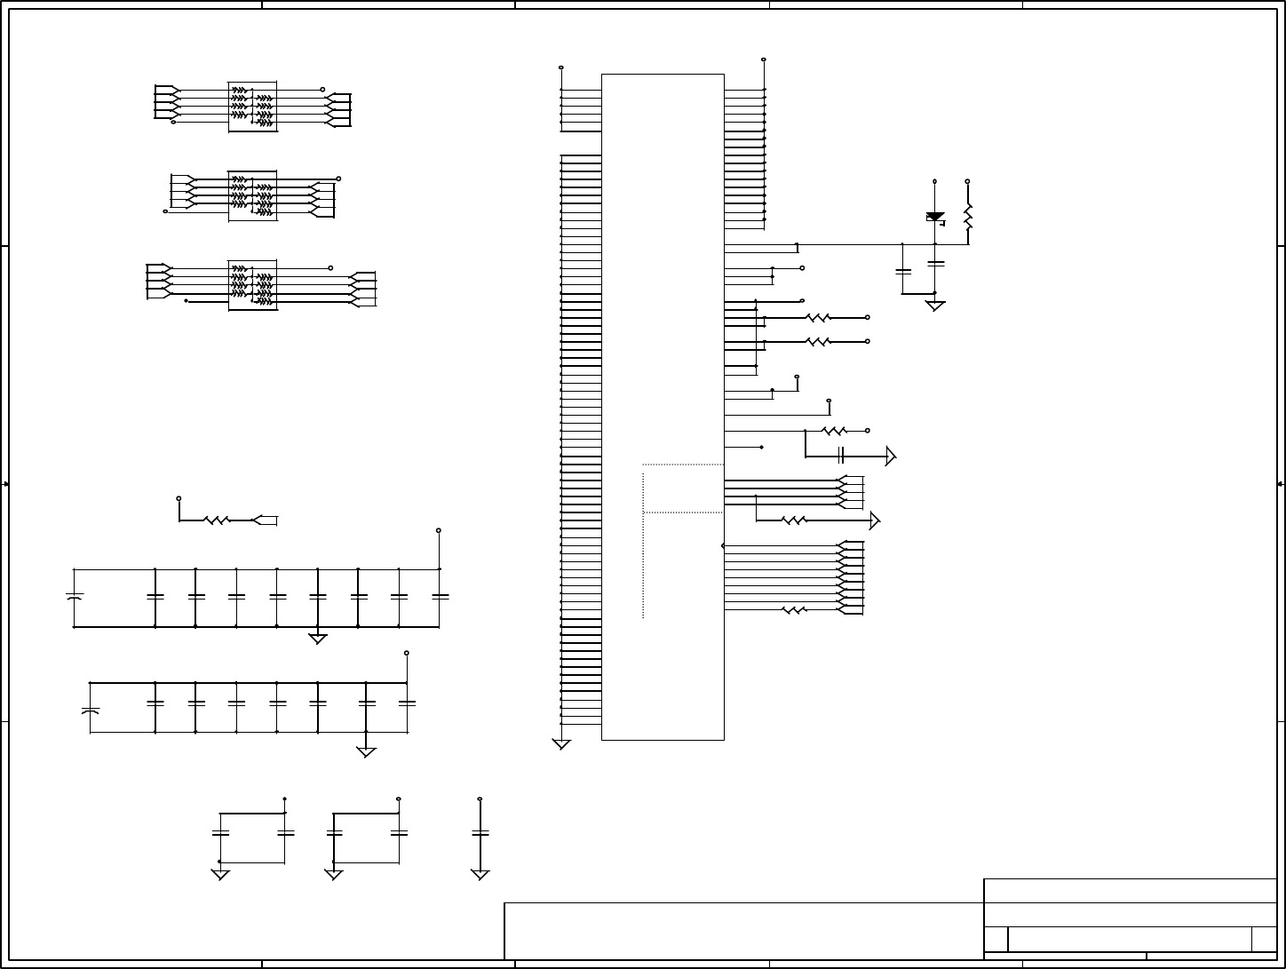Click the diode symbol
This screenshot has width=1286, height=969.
click(934, 217)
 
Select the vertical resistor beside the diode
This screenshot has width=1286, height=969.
click(968, 218)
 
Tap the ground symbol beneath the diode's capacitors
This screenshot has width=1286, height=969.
click(934, 306)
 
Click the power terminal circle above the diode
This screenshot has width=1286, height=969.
click(934, 181)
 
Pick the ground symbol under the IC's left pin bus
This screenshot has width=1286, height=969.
click(561, 744)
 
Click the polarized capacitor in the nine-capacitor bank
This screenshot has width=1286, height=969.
click(74, 597)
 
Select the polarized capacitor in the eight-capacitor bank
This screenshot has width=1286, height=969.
click(90, 711)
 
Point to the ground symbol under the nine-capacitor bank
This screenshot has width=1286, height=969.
click(317, 639)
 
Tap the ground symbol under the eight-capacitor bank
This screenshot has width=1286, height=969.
click(366, 752)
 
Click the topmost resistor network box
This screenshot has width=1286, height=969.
click(252, 107)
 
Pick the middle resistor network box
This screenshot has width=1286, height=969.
click(252, 195)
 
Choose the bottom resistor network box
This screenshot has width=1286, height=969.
click(252, 285)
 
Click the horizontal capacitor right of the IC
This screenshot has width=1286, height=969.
click(840, 456)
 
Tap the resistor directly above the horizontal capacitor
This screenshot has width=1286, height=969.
click(835, 431)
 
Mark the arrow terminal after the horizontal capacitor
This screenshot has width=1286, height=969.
click(891, 457)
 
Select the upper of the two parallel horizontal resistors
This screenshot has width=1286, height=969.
click(817, 317)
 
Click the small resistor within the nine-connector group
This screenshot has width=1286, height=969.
click(793, 610)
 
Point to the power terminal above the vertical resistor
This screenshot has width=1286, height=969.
click(967, 181)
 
